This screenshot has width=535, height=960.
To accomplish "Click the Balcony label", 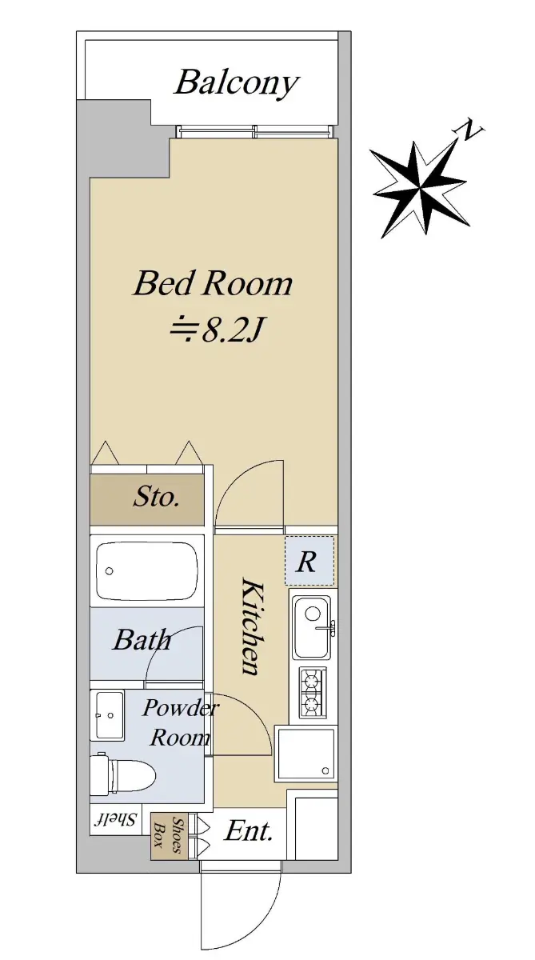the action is (236, 83).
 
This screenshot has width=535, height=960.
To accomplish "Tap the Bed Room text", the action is (213, 283).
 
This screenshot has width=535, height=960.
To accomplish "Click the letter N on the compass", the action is (469, 130).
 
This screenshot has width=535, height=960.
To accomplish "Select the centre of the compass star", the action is (420, 188).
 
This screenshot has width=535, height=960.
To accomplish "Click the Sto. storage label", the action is (156, 497).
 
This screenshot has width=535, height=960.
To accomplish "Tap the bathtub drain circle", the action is (110, 571).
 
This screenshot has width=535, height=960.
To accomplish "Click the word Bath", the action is (142, 640).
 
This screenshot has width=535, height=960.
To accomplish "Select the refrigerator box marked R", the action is (309, 561).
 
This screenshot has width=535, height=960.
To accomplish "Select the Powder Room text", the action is (180, 722).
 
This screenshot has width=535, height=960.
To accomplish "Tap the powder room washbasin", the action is (107, 715).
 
